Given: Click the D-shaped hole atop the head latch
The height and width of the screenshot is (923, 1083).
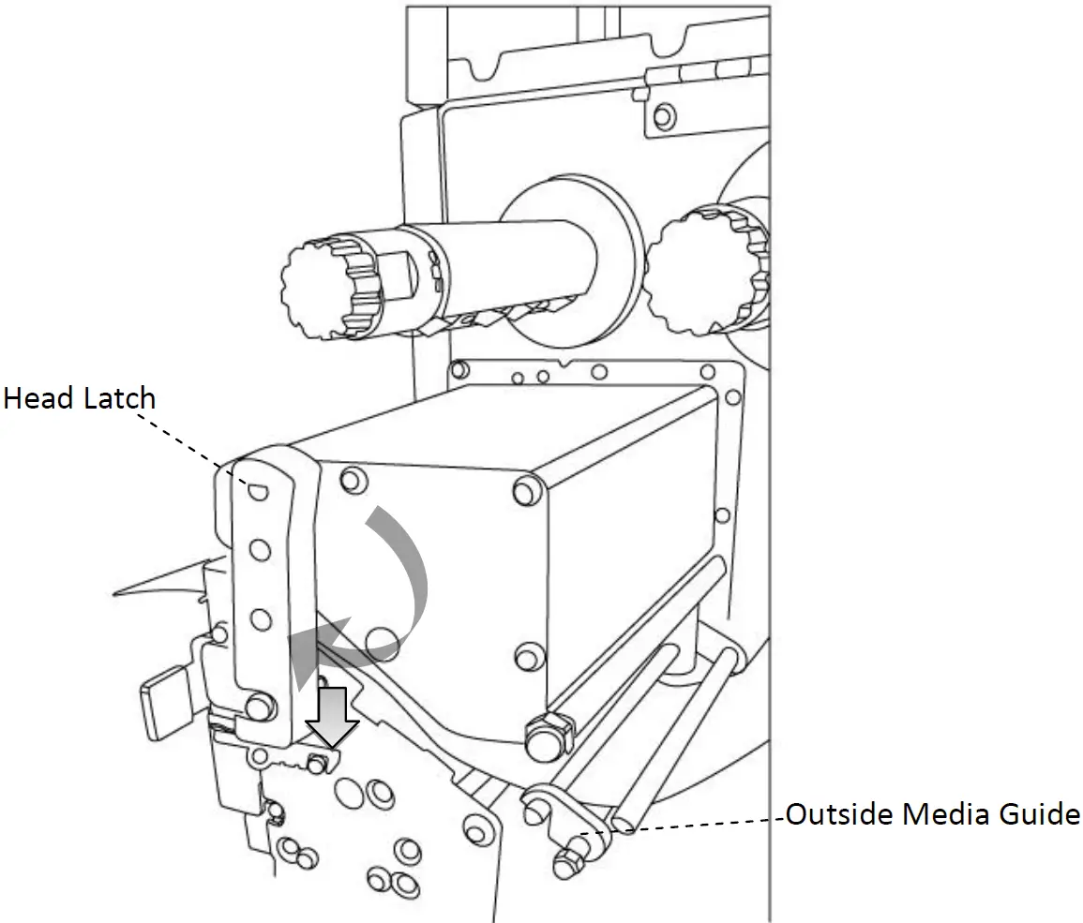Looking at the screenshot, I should point(258,489).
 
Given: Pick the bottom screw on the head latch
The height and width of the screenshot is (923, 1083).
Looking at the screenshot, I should point(258,703).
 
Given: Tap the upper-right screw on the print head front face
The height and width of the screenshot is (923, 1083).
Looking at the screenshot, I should point(526,489).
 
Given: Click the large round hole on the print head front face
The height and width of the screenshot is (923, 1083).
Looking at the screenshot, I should point(383,642).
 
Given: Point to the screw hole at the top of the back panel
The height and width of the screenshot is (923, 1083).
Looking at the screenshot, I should point(663,116).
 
